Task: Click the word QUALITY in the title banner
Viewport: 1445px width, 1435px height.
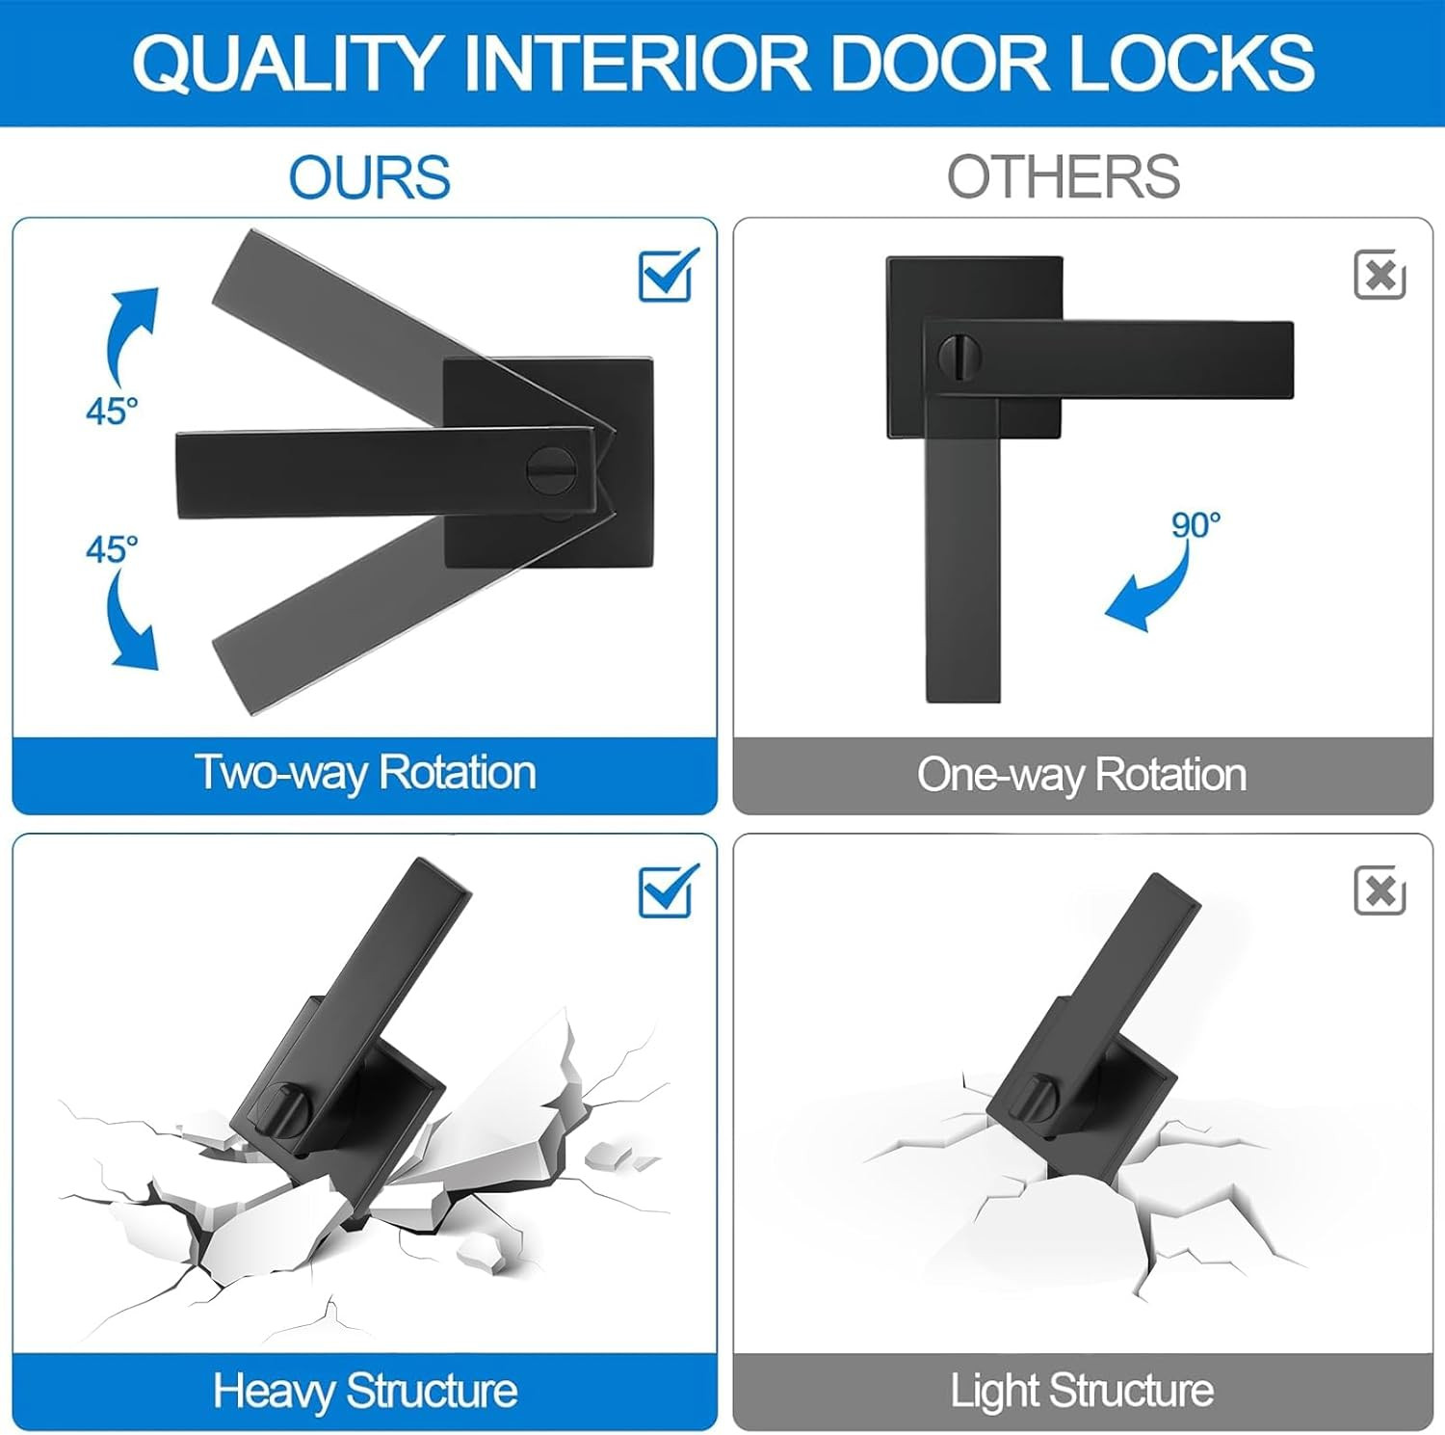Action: point(286,64)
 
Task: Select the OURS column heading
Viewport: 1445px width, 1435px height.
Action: point(370,177)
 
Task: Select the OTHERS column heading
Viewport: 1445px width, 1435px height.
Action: point(1064,176)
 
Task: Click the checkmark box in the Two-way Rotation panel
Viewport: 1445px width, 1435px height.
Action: point(668,276)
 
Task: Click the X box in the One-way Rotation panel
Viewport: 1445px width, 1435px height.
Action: point(1379,276)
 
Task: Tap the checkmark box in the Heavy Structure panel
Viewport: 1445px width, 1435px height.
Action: point(668,891)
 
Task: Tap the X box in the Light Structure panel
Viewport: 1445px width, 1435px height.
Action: point(1379,890)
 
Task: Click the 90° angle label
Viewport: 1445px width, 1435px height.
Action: point(1195,525)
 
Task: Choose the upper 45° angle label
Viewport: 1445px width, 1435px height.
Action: point(112,412)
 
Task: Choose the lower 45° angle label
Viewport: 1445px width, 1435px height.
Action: point(112,549)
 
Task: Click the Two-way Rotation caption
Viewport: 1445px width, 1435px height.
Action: point(365,773)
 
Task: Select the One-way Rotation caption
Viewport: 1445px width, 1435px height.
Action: point(1082,775)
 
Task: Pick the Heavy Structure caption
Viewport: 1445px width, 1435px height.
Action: point(365,1391)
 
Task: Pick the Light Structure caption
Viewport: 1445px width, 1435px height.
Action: point(1082,1391)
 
